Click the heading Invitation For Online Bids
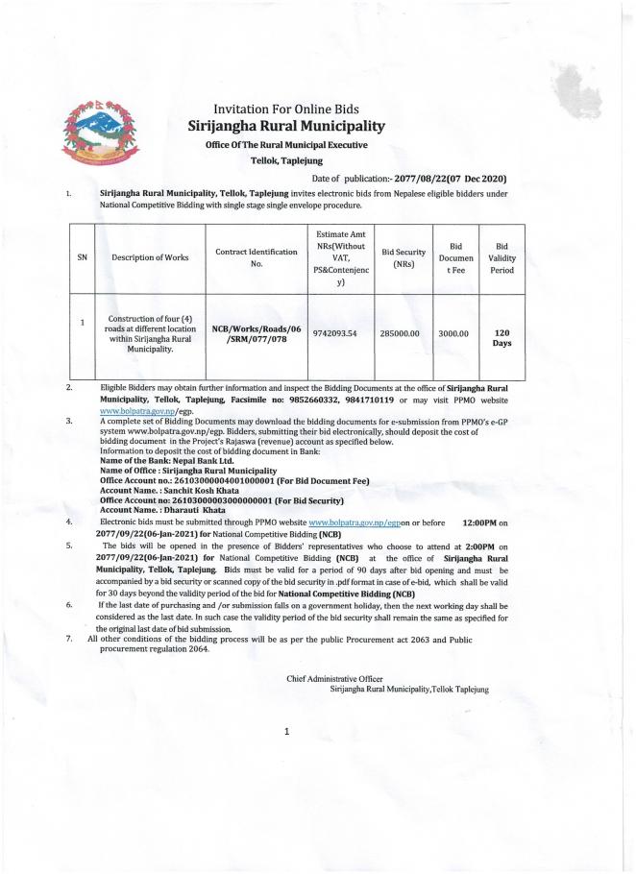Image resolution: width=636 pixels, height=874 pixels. (x=285, y=109)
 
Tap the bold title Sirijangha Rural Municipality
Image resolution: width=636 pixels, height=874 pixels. (x=285, y=126)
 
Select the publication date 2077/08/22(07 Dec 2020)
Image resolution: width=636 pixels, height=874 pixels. (x=437, y=179)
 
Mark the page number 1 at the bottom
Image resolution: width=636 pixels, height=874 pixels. (x=286, y=732)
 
